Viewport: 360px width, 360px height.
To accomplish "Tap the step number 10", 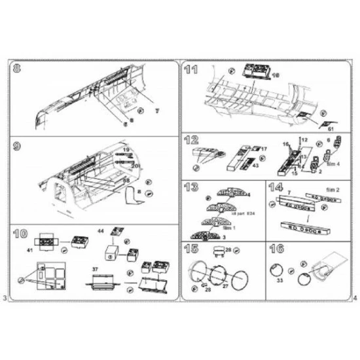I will tap(18, 233).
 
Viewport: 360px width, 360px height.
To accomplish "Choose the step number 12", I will tap(191, 141).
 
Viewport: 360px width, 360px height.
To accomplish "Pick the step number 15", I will tap(191, 249).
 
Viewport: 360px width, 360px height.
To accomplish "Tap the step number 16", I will tap(275, 249).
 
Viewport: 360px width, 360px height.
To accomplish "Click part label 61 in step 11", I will tap(331, 129).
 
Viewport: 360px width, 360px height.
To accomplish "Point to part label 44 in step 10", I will tap(100, 231).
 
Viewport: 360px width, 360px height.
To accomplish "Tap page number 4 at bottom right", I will tap(353, 298).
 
